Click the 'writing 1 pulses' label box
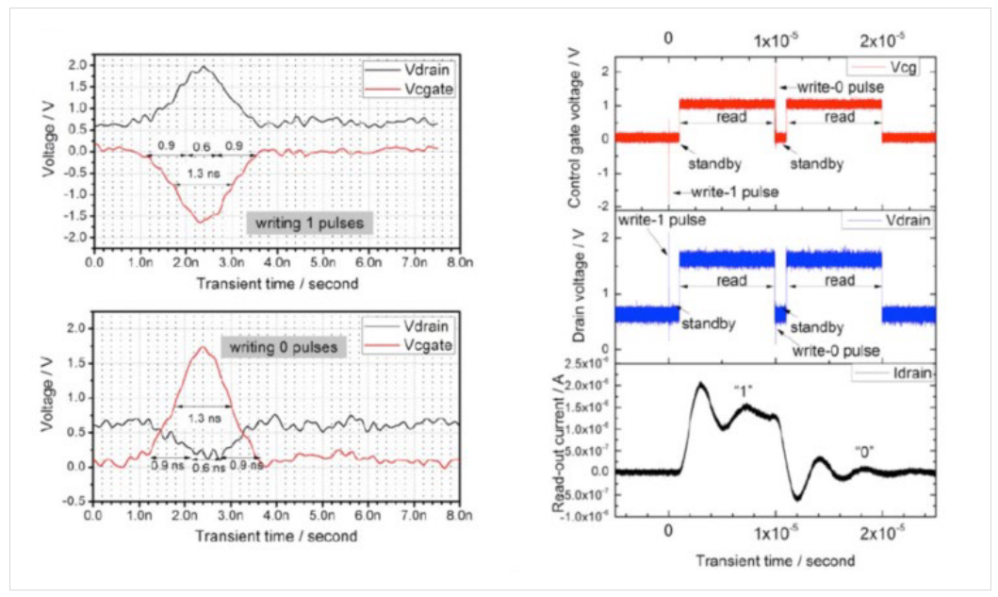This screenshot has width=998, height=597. (310, 223)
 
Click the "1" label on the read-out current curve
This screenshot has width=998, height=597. (746, 390)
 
